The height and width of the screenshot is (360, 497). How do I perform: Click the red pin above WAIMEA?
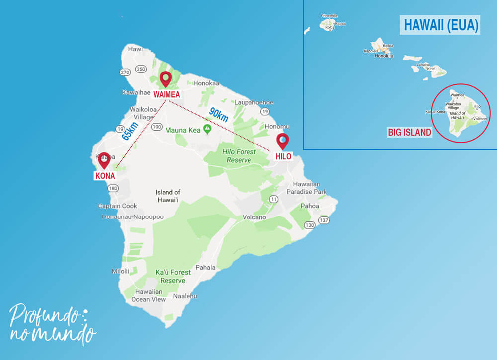click(165, 79)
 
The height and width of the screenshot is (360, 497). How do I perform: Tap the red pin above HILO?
click(282, 141)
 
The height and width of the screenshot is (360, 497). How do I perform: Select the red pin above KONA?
click(104, 160)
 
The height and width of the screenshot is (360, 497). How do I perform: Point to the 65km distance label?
click(130, 131)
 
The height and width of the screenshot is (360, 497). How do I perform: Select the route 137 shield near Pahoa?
click(324, 220)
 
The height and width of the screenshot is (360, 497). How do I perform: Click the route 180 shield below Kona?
click(113, 188)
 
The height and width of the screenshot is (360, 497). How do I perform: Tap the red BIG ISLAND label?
click(410, 133)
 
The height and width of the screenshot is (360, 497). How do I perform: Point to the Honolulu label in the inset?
click(383, 56)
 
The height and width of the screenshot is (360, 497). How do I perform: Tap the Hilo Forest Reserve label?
click(238, 156)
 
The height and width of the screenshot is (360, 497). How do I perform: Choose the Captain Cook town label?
click(117, 206)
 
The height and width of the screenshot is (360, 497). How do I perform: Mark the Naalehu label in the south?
click(185, 296)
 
